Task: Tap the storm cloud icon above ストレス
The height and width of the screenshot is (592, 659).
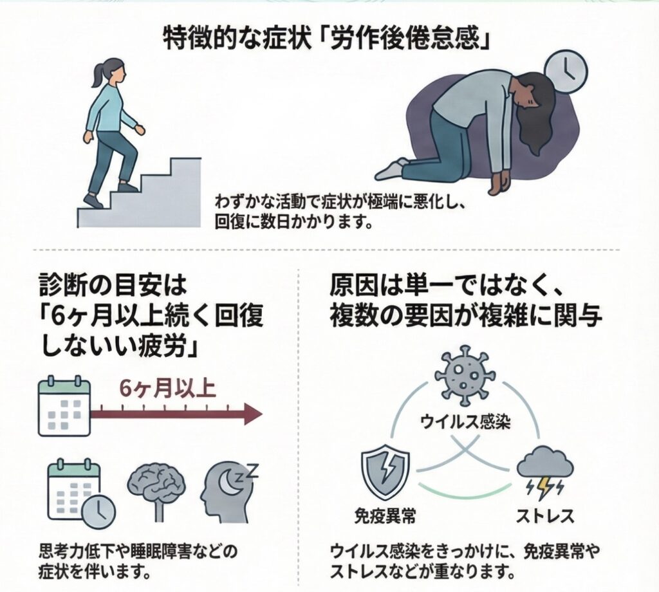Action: click(544, 470)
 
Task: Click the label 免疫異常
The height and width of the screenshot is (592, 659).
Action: click(384, 516)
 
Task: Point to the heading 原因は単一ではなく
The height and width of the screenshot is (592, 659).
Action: click(438, 284)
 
